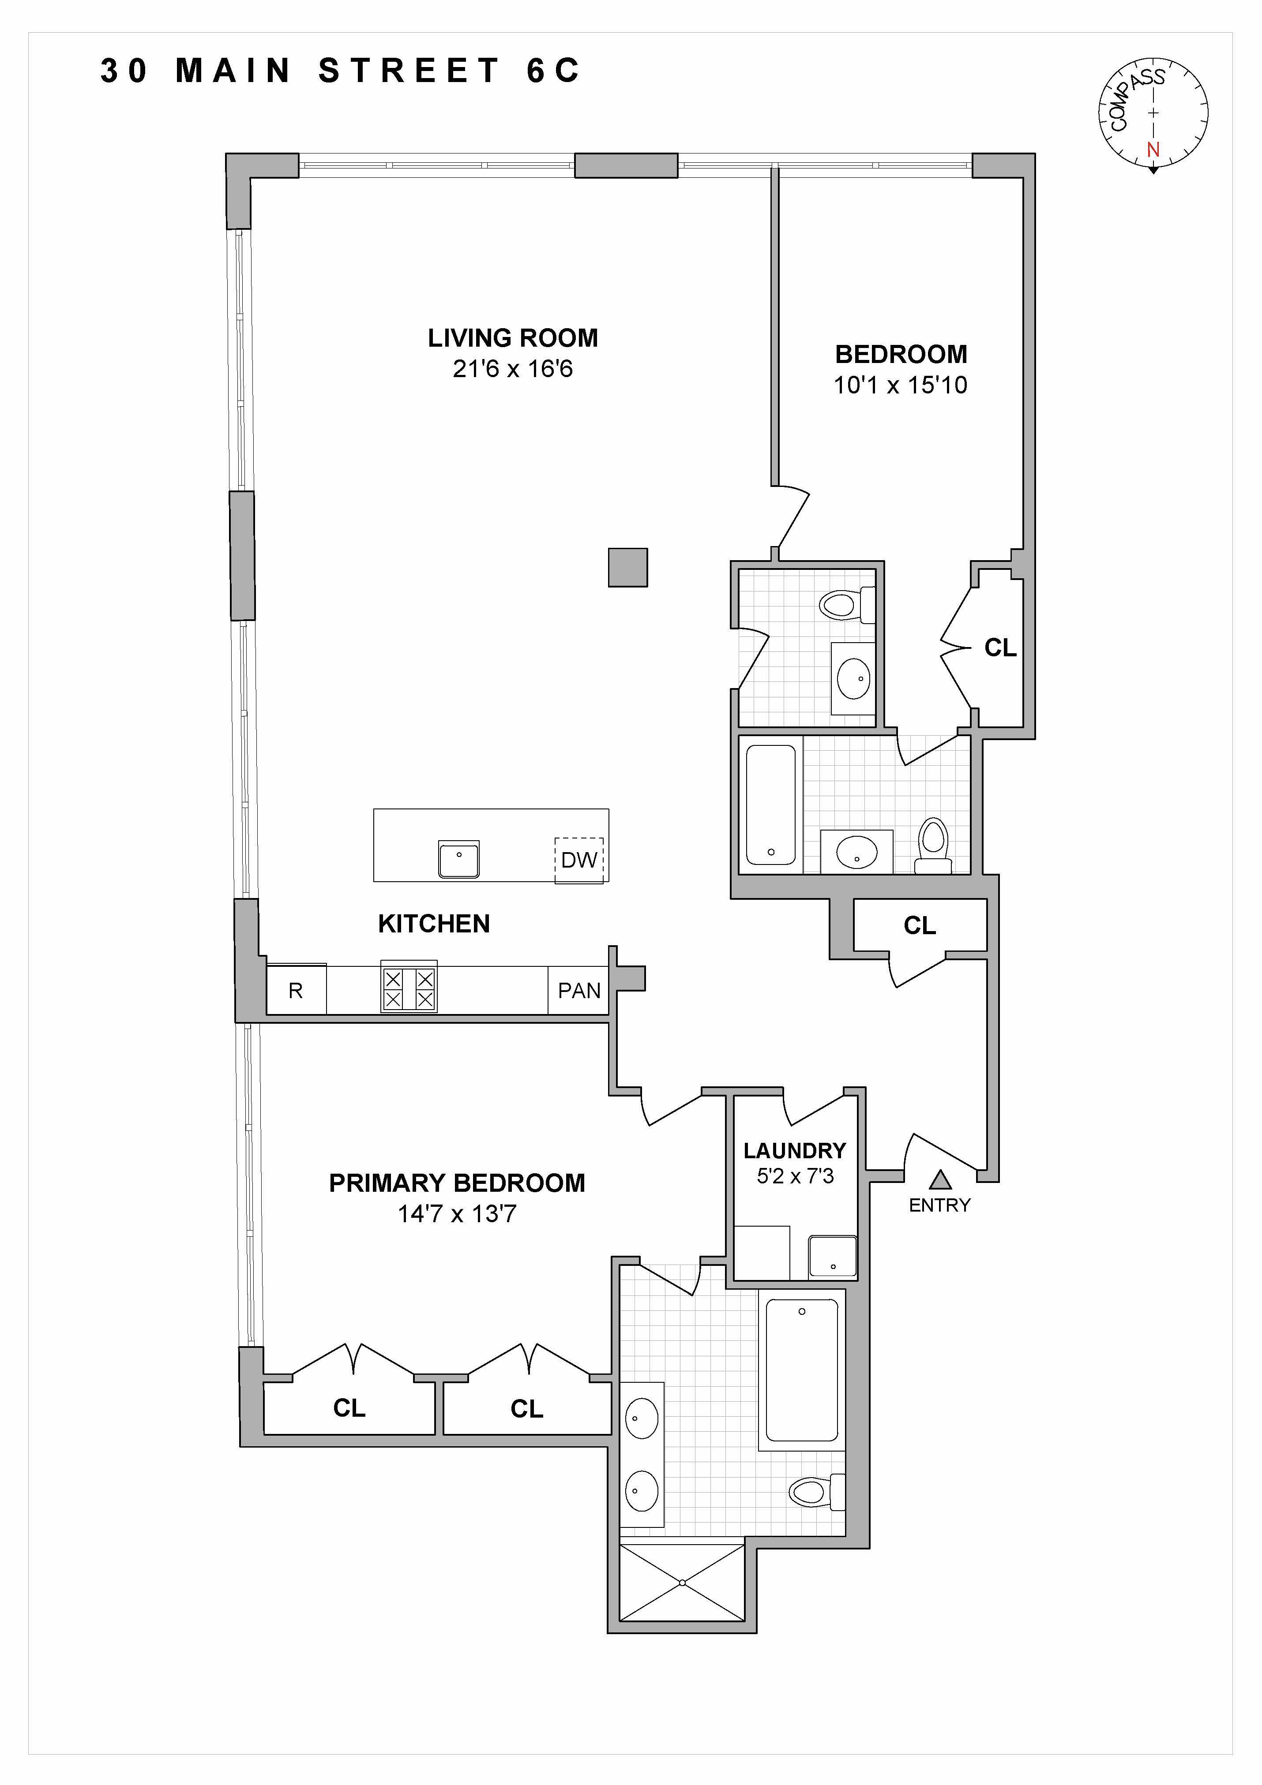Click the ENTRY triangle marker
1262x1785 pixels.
941,1180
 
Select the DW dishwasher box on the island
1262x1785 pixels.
578,860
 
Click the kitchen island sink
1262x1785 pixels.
459,859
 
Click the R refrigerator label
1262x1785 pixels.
296,991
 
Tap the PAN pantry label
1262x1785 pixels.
579,991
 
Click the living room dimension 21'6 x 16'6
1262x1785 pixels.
512,368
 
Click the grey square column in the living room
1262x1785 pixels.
627,568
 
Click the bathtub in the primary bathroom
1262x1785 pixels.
802,1370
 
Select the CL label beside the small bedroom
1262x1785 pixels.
1000,647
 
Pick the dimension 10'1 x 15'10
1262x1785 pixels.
901,385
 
